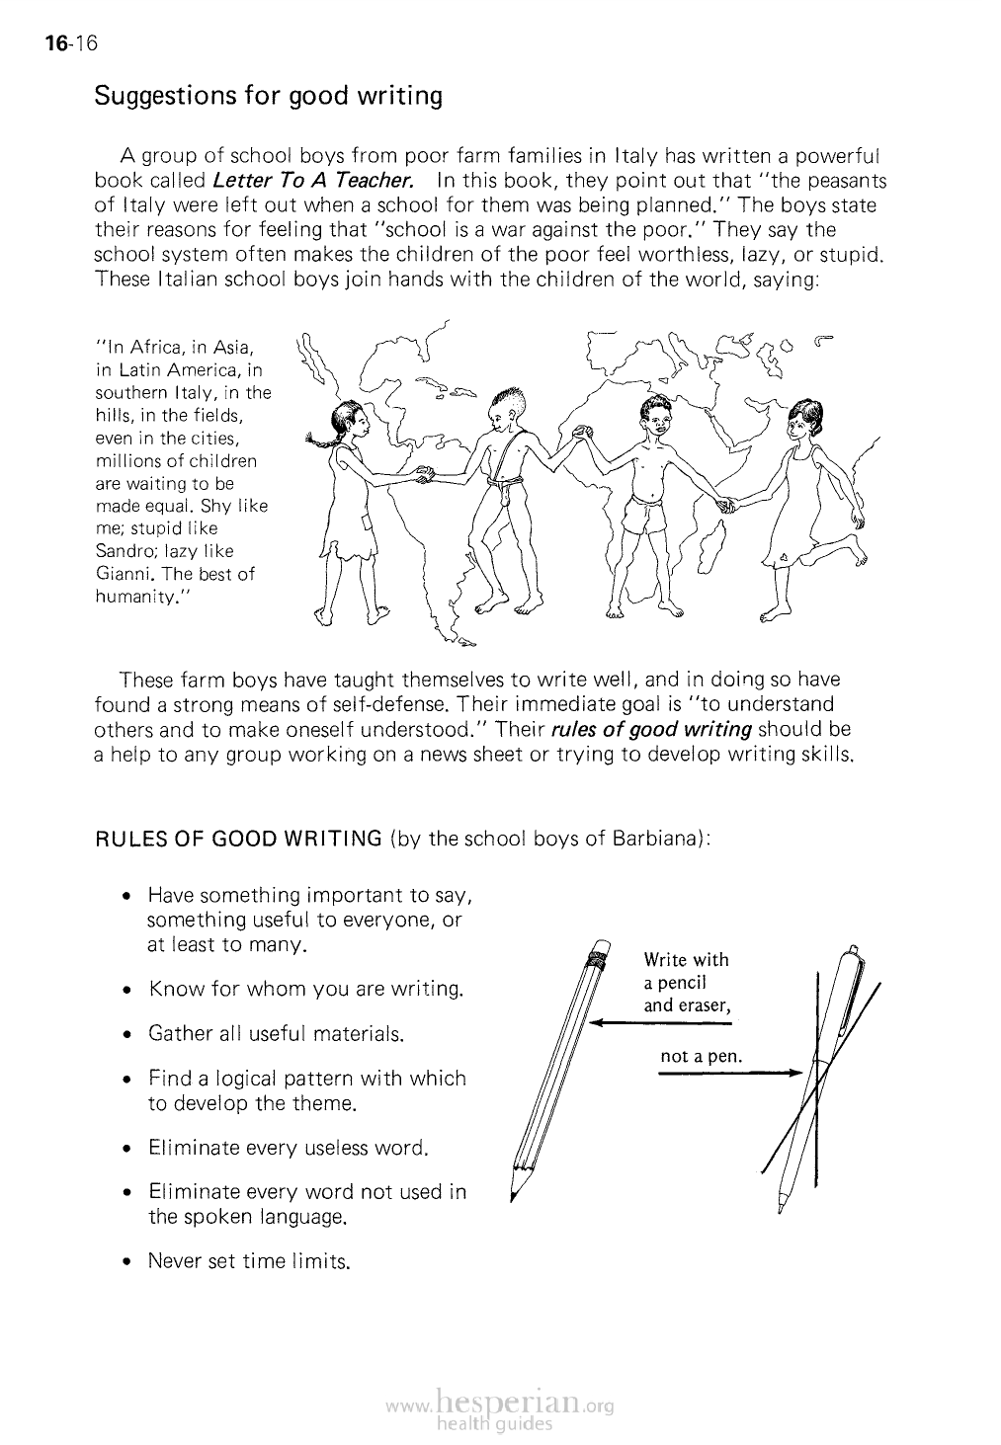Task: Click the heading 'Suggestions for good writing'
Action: tap(267, 97)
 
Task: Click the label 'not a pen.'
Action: tap(701, 1057)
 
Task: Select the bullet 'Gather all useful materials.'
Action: tap(276, 1034)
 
